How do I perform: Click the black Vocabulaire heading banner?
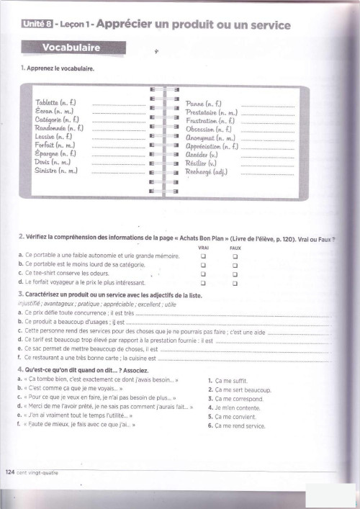71,49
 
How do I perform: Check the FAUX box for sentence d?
235,283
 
